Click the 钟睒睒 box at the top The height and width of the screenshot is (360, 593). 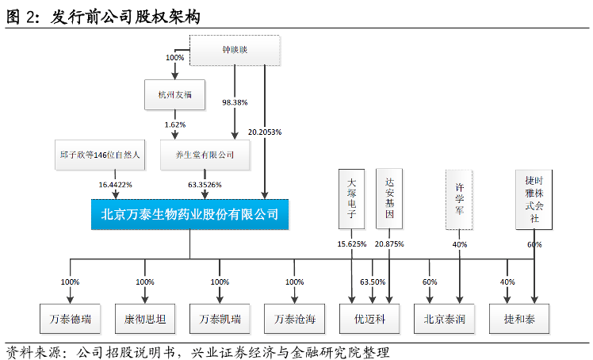point(235,50)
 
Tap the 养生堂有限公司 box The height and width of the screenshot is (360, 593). point(204,155)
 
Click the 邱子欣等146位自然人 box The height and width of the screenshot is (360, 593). point(100,155)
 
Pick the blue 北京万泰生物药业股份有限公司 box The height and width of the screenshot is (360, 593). point(189,214)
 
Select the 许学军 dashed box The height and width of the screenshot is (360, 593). point(459,200)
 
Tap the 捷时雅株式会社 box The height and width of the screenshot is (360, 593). point(534,199)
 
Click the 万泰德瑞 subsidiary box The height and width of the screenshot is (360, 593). point(71,320)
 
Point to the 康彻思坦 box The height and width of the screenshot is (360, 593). point(144,320)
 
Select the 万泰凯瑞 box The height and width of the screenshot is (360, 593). point(220,320)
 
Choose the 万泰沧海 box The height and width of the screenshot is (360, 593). point(295,320)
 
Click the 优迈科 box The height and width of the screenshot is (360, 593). point(370,320)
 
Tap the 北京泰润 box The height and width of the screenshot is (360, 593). point(445,320)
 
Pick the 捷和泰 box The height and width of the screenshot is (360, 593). point(520,320)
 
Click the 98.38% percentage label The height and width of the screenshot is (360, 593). point(235,102)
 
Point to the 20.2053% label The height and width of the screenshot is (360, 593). point(265,132)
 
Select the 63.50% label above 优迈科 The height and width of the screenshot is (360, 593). point(372,282)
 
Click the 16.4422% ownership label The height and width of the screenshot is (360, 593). point(115,185)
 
